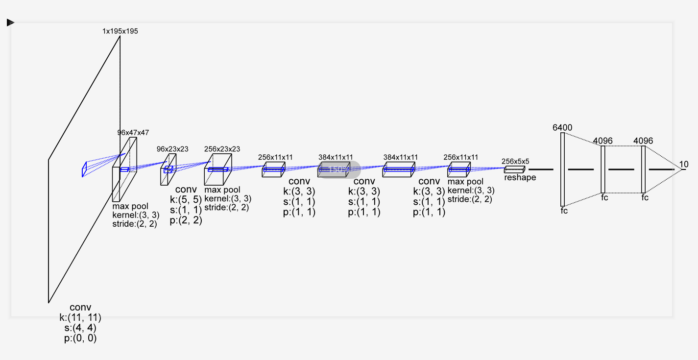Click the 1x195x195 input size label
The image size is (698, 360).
pos(120,31)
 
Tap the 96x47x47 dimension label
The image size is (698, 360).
pos(133,133)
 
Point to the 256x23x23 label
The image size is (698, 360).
pos(222,149)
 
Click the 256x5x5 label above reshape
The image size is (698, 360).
pos(515,161)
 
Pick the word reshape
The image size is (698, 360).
pos(520,178)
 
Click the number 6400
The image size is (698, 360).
pos(562,128)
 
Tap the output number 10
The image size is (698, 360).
pos(684,165)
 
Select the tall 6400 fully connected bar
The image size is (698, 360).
pos(562,169)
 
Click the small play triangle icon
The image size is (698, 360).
pos(10,23)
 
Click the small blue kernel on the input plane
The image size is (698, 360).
pos(84,169)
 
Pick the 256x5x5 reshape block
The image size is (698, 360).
pos(514,169)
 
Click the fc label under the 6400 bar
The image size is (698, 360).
pos(564,211)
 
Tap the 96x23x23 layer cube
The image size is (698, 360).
pos(168,170)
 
